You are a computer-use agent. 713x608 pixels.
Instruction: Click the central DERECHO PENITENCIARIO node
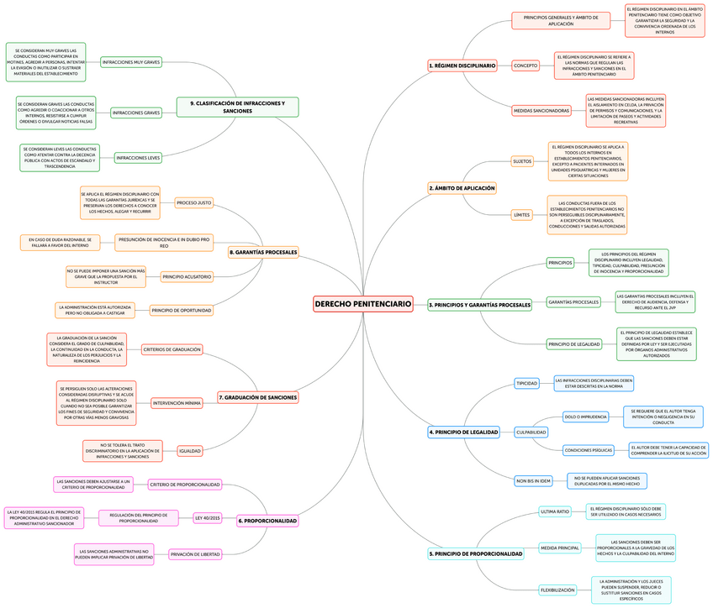point(363,303)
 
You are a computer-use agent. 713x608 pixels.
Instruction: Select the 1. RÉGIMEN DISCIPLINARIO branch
point(462,65)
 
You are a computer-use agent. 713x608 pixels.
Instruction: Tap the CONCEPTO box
point(526,65)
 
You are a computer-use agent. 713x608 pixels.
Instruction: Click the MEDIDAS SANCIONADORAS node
point(541,110)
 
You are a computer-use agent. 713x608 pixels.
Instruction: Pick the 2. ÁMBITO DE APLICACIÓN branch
point(462,188)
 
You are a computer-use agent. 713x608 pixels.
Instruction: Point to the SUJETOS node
point(522,160)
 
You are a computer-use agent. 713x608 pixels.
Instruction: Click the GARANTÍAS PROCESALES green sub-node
point(573,301)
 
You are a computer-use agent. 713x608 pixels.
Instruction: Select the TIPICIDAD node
point(527,383)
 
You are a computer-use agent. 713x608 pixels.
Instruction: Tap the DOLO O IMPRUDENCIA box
point(585,417)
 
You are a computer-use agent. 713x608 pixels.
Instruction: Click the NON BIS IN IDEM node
point(533,480)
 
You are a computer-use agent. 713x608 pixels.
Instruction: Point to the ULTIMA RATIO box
point(555,511)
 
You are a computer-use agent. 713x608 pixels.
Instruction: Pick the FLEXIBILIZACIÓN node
point(557,590)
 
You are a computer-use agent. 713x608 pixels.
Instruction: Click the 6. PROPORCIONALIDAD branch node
point(268,521)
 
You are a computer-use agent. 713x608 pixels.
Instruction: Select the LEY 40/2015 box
point(207,518)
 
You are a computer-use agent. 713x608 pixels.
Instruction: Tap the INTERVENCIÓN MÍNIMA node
point(177,403)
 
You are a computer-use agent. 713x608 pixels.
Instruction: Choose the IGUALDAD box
point(190,451)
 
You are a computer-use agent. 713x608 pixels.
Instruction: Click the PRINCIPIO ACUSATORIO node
point(187,276)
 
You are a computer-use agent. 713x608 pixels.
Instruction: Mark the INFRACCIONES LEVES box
point(138,157)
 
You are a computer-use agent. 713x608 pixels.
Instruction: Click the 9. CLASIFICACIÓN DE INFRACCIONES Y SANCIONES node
point(238,107)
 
